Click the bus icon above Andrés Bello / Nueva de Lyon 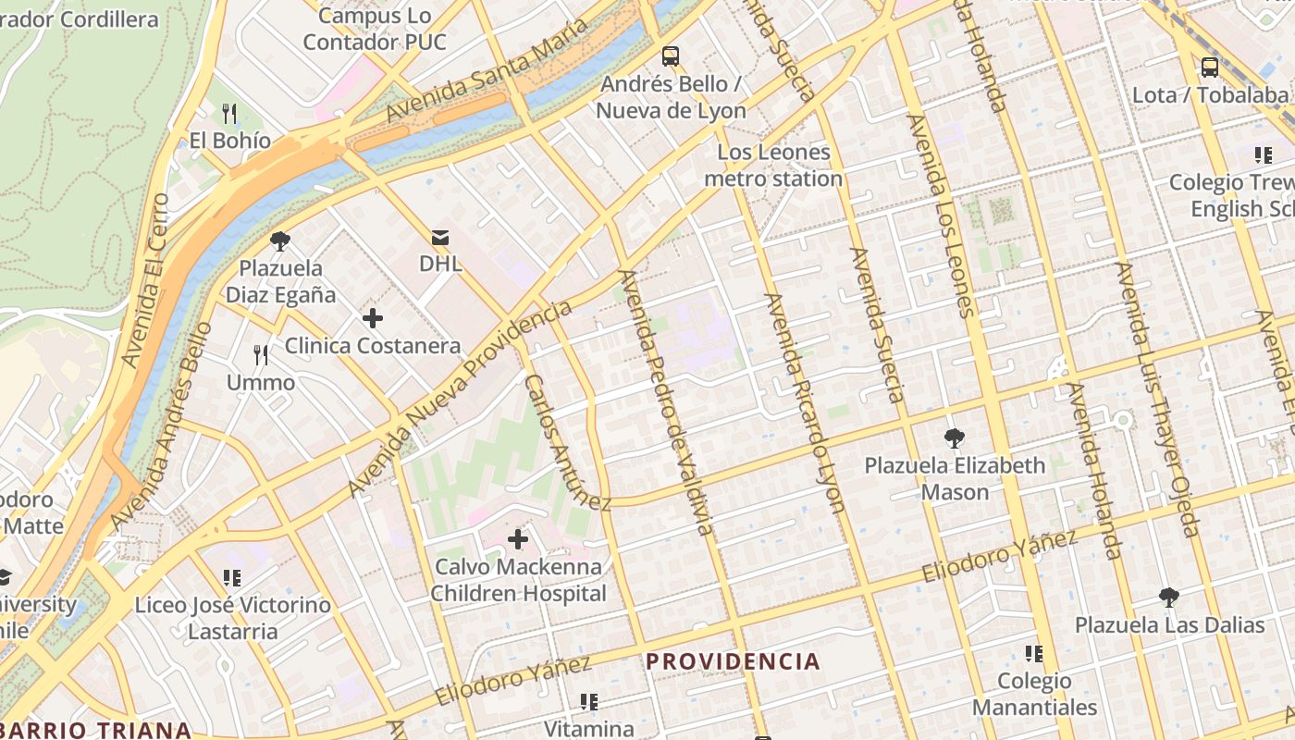pyautogui.click(x=671, y=56)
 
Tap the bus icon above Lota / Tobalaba pyautogui.click(x=1209, y=67)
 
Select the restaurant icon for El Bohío pyautogui.click(x=229, y=114)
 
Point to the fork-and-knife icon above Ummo pyautogui.click(x=261, y=355)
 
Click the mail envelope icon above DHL pyautogui.click(x=440, y=238)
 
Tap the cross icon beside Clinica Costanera pyautogui.click(x=372, y=319)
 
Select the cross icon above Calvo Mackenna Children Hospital pyautogui.click(x=518, y=538)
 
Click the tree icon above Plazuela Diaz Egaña pyautogui.click(x=279, y=241)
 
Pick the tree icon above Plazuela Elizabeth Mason pyautogui.click(x=955, y=438)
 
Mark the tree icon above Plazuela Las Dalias pyautogui.click(x=1169, y=598)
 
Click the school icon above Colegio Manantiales pyautogui.click(x=1033, y=654)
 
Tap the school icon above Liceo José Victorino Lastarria pyautogui.click(x=232, y=578)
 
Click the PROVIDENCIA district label pyautogui.click(x=733, y=661)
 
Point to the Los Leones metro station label pyautogui.click(x=773, y=166)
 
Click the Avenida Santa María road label pyautogui.click(x=487, y=70)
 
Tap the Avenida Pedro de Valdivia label pyautogui.click(x=666, y=402)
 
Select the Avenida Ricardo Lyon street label pyautogui.click(x=804, y=403)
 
